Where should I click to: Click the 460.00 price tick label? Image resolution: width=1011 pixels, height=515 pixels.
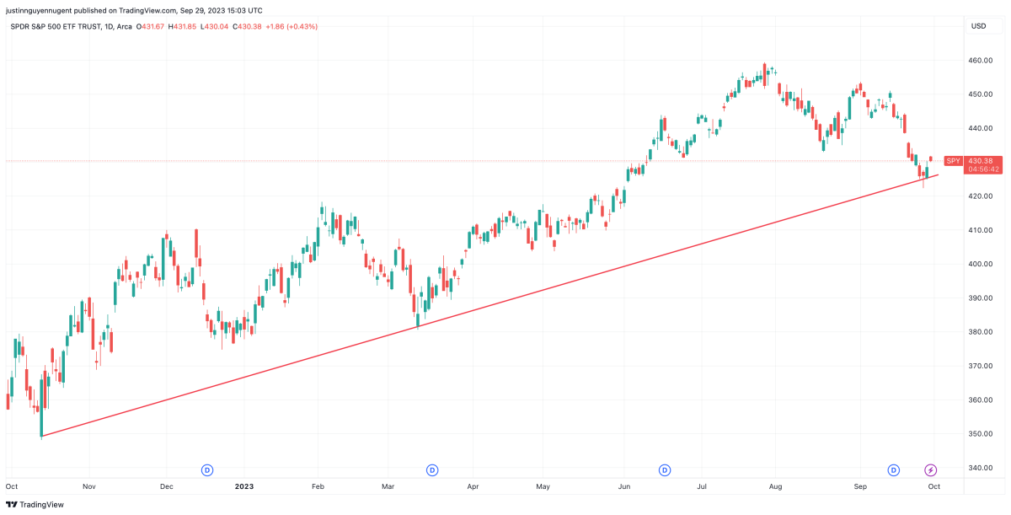[980, 61]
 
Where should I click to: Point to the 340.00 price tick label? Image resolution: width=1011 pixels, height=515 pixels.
[980, 468]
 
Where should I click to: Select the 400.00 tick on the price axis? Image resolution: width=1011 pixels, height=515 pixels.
[980, 264]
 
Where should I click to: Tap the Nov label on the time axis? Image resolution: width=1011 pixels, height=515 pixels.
[90, 486]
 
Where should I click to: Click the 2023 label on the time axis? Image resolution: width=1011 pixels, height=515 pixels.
[243, 486]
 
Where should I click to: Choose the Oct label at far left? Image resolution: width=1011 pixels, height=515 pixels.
[12, 486]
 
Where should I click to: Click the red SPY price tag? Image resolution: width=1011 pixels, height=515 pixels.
[953, 160]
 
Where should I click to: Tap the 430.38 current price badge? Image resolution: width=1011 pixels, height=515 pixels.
[981, 160]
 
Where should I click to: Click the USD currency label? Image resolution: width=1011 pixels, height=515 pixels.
[978, 26]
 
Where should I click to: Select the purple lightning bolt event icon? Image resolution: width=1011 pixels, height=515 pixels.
[931, 469]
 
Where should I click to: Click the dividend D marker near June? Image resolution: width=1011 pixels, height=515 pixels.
[665, 469]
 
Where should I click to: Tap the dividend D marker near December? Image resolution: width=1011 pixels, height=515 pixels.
[206, 469]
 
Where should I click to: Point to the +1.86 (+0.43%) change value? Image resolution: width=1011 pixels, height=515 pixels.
[292, 26]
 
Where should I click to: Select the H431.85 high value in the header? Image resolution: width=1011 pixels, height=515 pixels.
[182, 26]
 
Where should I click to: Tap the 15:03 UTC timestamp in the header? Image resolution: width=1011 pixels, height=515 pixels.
[243, 10]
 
